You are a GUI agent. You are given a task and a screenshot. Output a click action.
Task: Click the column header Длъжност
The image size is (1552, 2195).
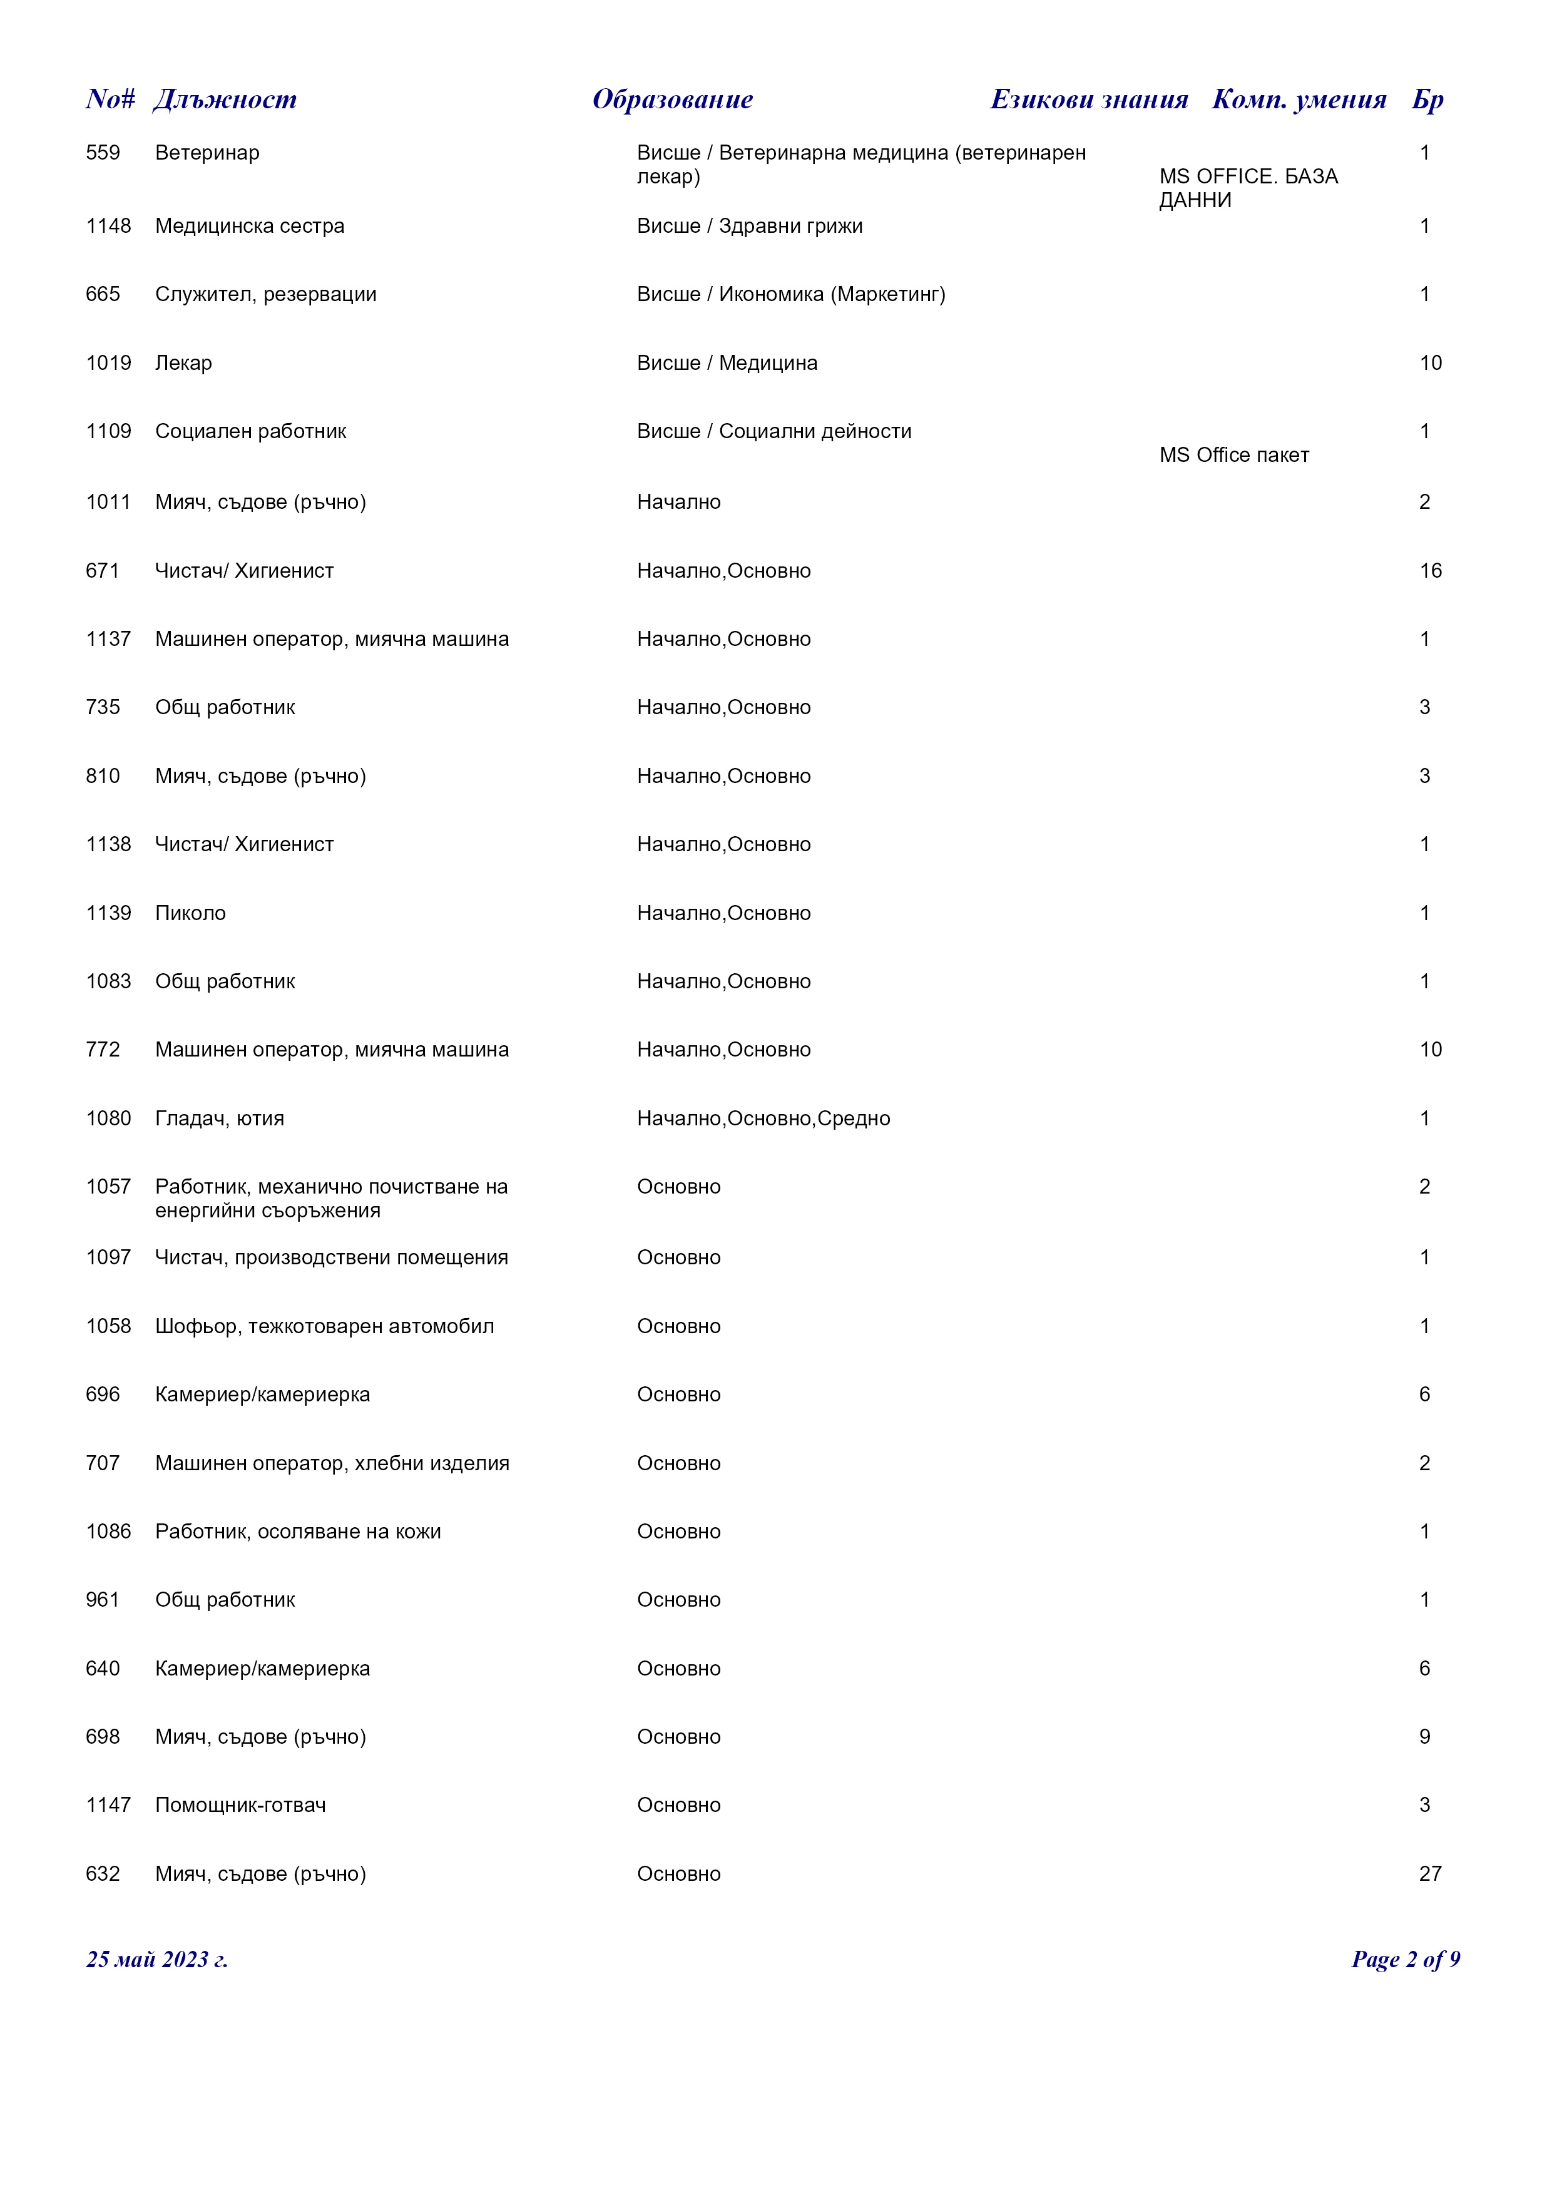pyautogui.click(x=225, y=100)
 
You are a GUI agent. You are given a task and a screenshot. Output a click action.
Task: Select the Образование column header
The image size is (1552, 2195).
pyautogui.click(x=672, y=100)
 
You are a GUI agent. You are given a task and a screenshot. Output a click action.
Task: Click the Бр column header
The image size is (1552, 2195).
pyautogui.click(x=1427, y=100)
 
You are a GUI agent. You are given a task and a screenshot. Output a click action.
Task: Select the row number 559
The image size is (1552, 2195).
pyautogui.click(x=103, y=153)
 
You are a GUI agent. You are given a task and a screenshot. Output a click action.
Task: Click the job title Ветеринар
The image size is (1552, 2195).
pyautogui.click(x=207, y=153)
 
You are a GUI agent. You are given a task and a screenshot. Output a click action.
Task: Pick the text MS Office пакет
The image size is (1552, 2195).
pyautogui.click(x=1233, y=455)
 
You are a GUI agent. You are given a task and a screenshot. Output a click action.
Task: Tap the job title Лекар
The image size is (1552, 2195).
pyautogui.click(x=183, y=363)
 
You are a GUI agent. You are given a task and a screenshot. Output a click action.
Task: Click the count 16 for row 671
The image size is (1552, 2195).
pyautogui.click(x=1430, y=571)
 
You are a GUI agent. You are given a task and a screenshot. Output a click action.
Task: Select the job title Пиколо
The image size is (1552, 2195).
pyautogui.click(x=190, y=913)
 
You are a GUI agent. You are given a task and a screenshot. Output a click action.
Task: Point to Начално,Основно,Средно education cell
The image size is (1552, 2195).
pyautogui.click(x=763, y=1118)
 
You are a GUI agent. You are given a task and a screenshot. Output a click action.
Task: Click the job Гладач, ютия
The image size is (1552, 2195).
pyautogui.click(x=219, y=1118)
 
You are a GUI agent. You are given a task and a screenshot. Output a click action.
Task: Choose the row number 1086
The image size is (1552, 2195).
pyautogui.click(x=108, y=1532)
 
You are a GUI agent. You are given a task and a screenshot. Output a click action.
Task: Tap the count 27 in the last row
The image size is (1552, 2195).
pyautogui.click(x=1430, y=1874)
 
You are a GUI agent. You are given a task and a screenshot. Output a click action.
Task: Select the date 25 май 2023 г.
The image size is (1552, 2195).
pyautogui.click(x=156, y=1959)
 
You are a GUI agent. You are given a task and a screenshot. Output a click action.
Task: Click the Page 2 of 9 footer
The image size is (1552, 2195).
pyautogui.click(x=1405, y=1959)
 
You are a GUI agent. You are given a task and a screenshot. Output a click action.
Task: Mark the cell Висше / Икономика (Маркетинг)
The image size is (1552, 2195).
pyautogui.click(x=790, y=294)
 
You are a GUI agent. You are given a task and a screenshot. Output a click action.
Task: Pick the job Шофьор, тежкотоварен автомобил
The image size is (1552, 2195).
pyautogui.click(x=324, y=1326)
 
